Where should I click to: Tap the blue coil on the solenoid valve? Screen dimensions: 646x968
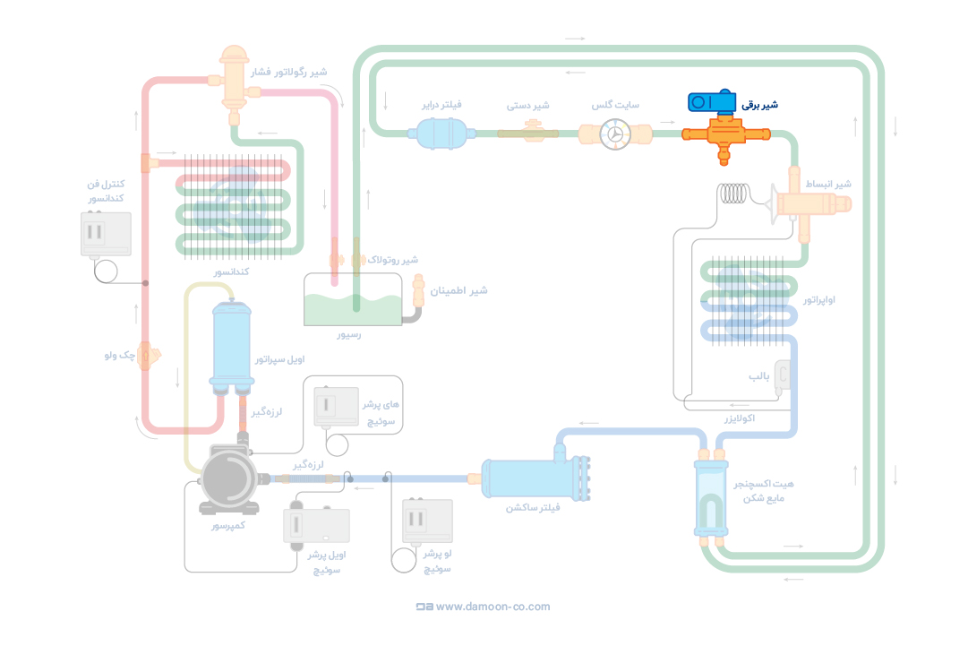click(x=712, y=102)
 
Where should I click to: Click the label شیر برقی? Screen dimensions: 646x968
click(x=759, y=105)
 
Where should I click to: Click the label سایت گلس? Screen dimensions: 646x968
click(x=615, y=105)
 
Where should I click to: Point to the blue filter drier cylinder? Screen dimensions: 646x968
click(x=438, y=134)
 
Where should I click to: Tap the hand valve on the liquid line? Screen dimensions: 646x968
click(x=528, y=133)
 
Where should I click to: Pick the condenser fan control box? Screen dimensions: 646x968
click(x=106, y=234)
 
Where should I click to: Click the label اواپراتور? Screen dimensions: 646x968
click(x=819, y=299)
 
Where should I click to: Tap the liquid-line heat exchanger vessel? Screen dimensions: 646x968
click(x=711, y=498)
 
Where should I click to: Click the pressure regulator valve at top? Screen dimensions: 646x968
click(x=236, y=79)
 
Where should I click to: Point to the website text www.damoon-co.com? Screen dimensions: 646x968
click(x=493, y=607)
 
